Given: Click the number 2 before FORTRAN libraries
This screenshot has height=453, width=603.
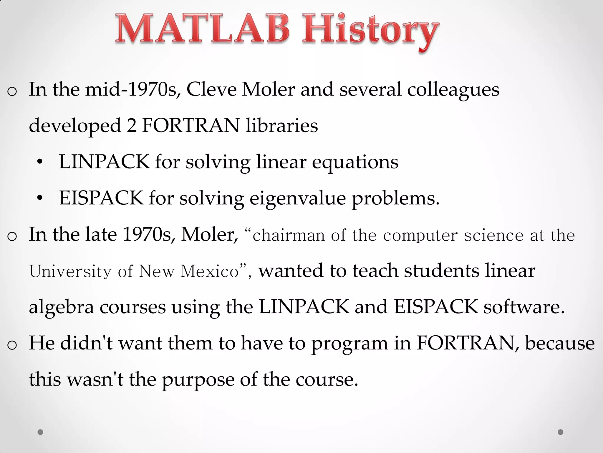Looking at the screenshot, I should coord(132,125).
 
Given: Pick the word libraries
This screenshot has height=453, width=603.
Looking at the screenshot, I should coord(282,125).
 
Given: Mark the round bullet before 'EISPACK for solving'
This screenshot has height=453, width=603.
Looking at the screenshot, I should coord(40,198).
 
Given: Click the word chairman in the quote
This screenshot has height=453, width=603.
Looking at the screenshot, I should coord(288,236).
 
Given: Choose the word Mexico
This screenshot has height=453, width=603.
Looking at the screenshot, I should coord(209,271).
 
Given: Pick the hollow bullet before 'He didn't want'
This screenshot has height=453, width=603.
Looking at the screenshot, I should coord(12,345).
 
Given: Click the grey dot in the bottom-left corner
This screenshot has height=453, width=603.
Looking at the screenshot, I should coord(40,432).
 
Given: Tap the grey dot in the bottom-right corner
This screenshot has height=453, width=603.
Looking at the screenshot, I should coord(561,432).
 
